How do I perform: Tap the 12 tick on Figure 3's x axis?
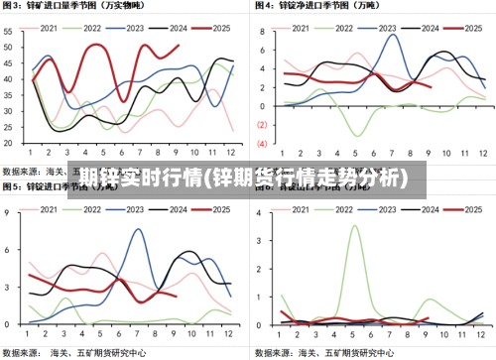(231, 153)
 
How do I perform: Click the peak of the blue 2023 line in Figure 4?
(393, 36)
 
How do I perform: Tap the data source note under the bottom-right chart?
(327, 351)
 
